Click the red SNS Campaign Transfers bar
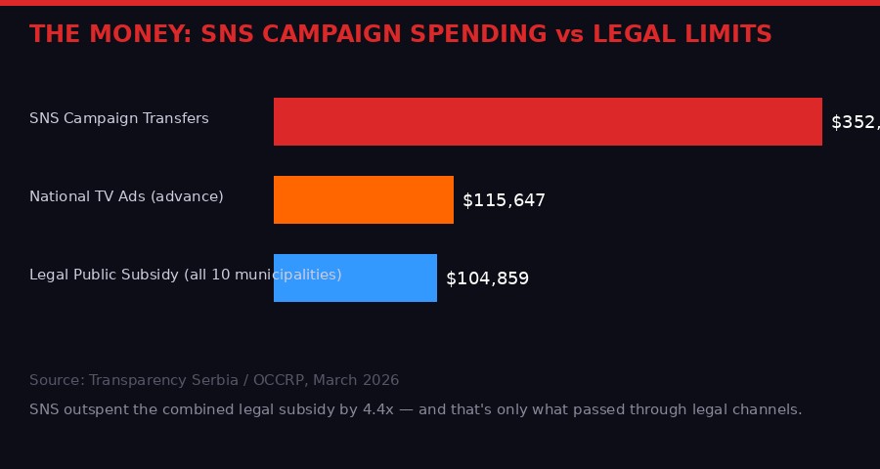pyautogui.click(x=548, y=121)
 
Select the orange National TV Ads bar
pyautogui.click(x=364, y=199)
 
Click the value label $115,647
pyautogui.click(x=504, y=200)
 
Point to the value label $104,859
pyautogui.click(x=487, y=278)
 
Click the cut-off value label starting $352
pyautogui.click(x=855, y=122)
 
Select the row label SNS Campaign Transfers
pyautogui.click(x=119, y=118)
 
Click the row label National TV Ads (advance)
pyautogui.click(x=126, y=196)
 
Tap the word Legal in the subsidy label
pyautogui.click(x=47, y=275)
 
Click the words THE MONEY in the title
pyautogui.click(x=107, y=34)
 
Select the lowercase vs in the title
pyautogui.click(x=569, y=34)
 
